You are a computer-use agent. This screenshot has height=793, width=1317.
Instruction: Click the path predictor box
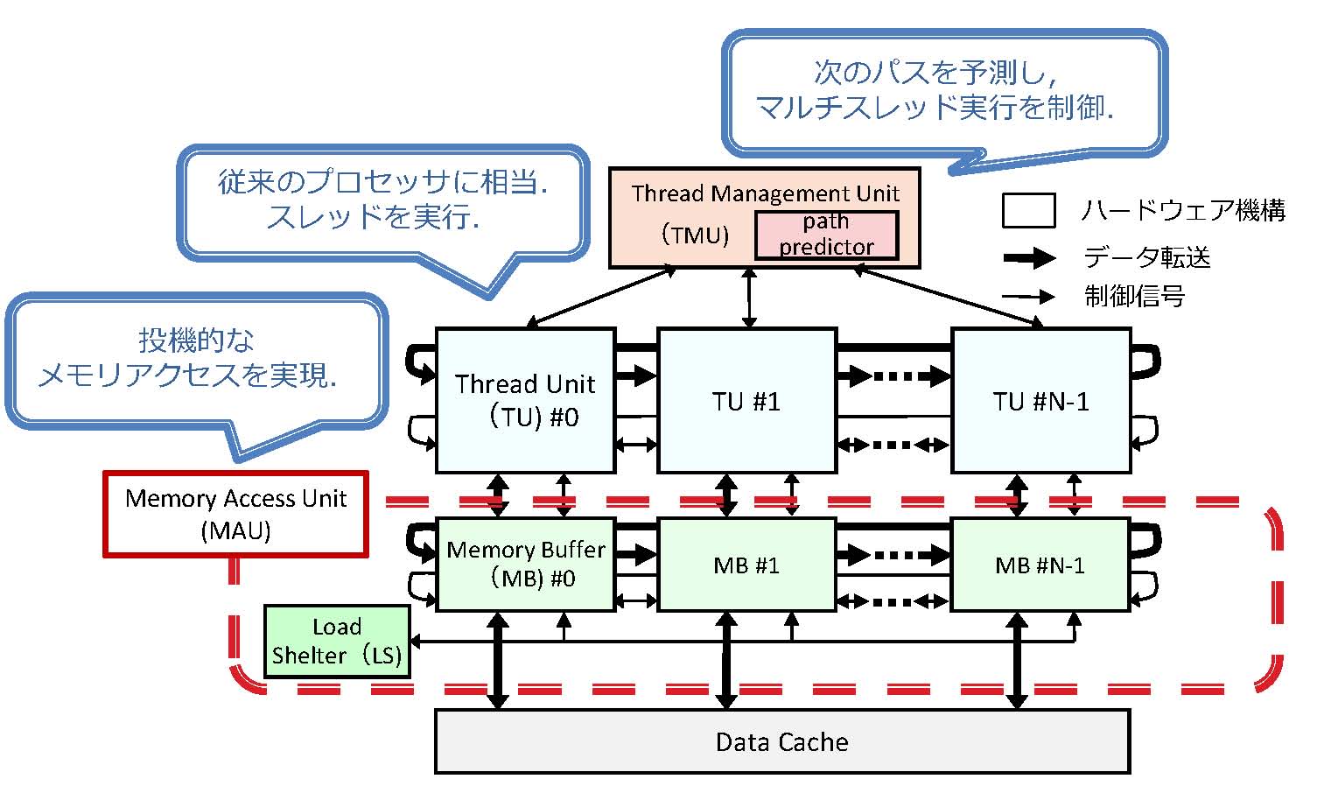(826, 235)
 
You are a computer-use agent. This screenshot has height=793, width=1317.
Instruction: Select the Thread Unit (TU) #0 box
(525, 400)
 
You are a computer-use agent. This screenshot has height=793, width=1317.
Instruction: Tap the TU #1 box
(746, 400)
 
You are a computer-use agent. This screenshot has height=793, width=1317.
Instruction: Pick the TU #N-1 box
(1040, 400)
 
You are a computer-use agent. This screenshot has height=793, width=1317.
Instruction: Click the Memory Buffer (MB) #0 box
(525, 564)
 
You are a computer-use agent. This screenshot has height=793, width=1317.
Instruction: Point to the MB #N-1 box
(1040, 565)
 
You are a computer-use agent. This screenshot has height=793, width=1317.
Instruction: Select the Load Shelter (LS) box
(337, 641)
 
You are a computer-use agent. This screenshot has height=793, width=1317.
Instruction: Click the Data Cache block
(781, 741)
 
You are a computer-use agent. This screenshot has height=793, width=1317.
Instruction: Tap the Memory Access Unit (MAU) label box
(235, 514)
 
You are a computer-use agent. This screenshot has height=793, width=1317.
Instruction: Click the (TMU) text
(695, 235)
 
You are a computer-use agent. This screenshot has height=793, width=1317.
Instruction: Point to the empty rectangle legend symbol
(1028, 211)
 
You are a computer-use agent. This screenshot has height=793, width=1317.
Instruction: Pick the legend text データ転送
(1147, 257)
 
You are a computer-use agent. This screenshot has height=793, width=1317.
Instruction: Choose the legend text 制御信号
(1135, 297)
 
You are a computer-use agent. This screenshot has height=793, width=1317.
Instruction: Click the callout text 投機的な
(196, 340)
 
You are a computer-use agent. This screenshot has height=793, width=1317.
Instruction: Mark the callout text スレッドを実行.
(373, 217)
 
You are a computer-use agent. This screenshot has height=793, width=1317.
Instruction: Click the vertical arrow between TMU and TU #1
(749, 298)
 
